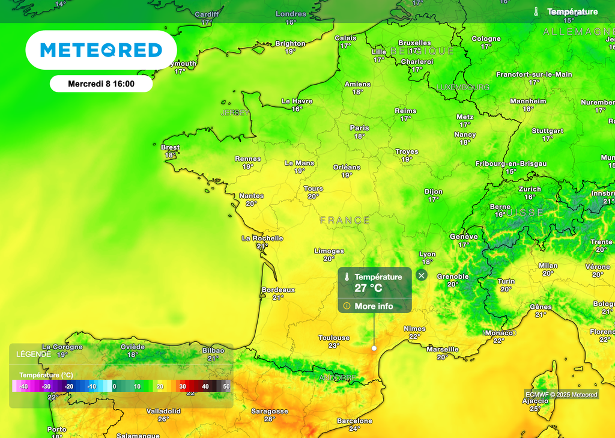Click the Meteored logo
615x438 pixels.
(x=101, y=50)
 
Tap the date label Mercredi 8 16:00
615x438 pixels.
(x=101, y=84)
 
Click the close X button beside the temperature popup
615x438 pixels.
(x=422, y=275)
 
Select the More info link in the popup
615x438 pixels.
(x=374, y=306)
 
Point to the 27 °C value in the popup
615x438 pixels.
(x=368, y=288)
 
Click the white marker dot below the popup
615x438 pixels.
(x=374, y=348)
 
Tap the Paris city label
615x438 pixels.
(x=359, y=128)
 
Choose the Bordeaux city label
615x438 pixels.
(x=278, y=290)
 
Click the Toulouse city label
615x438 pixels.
(x=334, y=338)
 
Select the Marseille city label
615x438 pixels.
(x=443, y=349)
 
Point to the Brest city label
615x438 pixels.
(x=170, y=147)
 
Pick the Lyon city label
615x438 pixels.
(x=427, y=254)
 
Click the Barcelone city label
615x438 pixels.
(x=354, y=421)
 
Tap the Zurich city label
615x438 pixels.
(x=530, y=189)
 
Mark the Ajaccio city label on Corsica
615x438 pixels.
(x=535, y=401)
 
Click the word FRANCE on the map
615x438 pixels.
(x=345, y=221)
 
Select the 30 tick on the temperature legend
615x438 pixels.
(x=183, y=387)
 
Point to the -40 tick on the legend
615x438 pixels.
(x=24, y=387)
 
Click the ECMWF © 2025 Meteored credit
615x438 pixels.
(x=561, y=395)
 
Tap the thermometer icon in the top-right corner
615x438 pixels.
(x=536, y=11)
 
